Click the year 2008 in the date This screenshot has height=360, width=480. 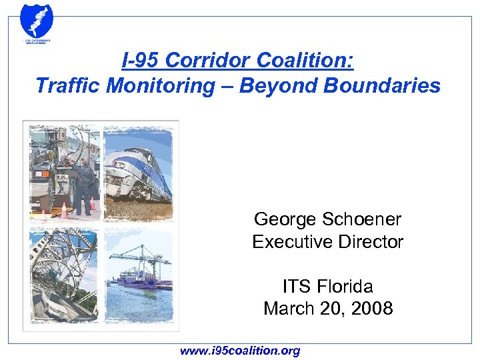pyautogui.click(x=373, y=309)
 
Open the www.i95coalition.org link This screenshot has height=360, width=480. pyautogui.click(x=240, y=350)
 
